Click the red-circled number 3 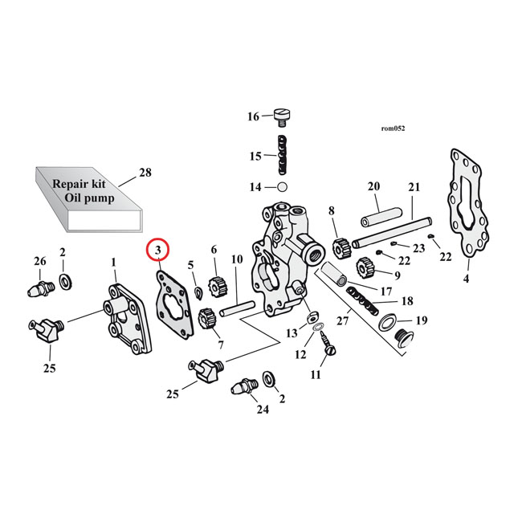[158, 251]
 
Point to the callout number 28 [145, 173]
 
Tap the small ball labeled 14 [282, 187]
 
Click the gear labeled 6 [214, 285]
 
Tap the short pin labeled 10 [238, 306]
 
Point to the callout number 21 [414, 188]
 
